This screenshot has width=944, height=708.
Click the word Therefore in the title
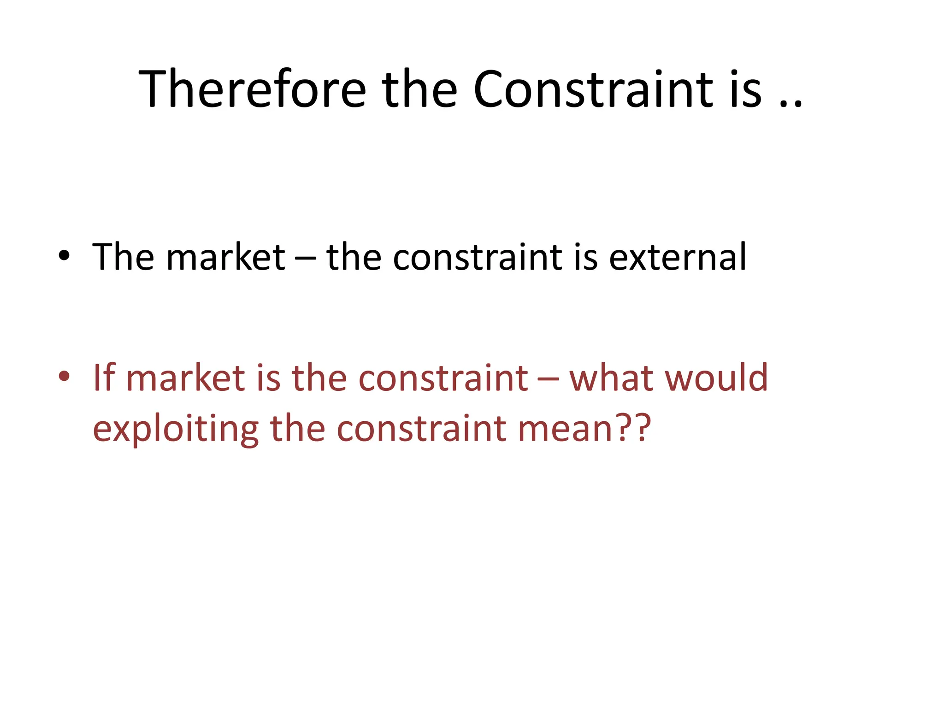pyautogui.click(x=252, y=88)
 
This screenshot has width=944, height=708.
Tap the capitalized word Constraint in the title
pyautogui.click(x=593, y=88)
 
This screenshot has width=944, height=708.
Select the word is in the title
pyautogui.click(x=745, y=88)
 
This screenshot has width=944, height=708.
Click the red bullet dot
pyautogui.click(x=64, y=376)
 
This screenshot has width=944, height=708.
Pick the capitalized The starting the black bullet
pyautogui.click(x=123, y=256)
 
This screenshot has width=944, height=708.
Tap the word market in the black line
pyautogui.click(x=225, y=256)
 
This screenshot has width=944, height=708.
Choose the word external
pyautogui.click(x=677, y=256)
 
